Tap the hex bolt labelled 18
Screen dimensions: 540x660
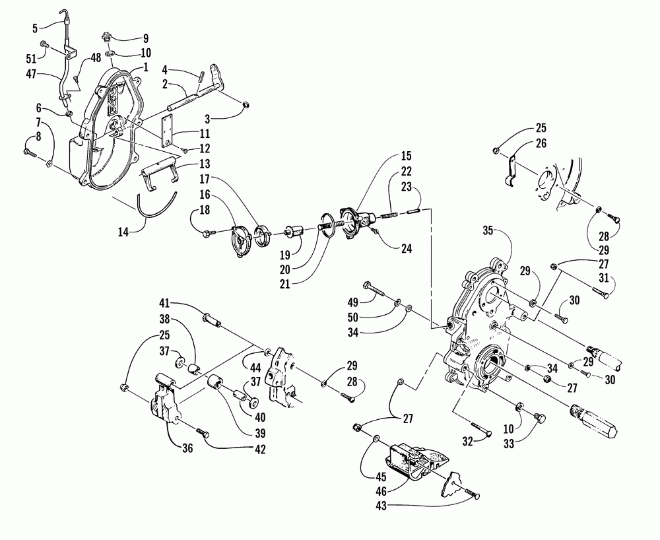tap(206, 232)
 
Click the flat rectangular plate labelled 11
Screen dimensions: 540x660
tap(169, 132)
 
